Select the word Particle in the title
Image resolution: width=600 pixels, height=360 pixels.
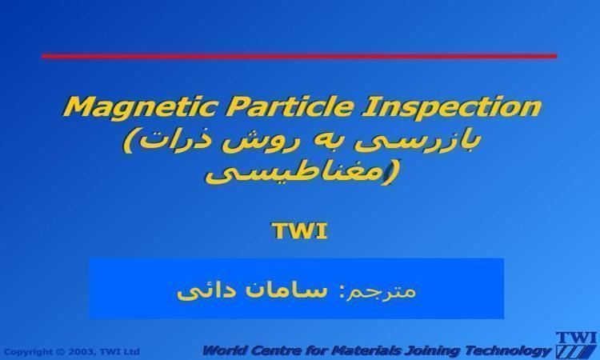coord(289,106)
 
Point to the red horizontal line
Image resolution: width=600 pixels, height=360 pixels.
coord(299,56)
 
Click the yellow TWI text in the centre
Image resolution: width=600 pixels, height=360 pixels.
coord(300,230)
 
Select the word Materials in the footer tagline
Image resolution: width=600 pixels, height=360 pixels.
coord(366,350)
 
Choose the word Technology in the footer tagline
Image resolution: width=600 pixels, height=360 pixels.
coord(507,351)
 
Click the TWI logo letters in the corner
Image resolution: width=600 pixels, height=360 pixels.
coord(576,338)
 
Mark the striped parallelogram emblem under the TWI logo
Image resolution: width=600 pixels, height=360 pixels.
coord(576,351)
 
